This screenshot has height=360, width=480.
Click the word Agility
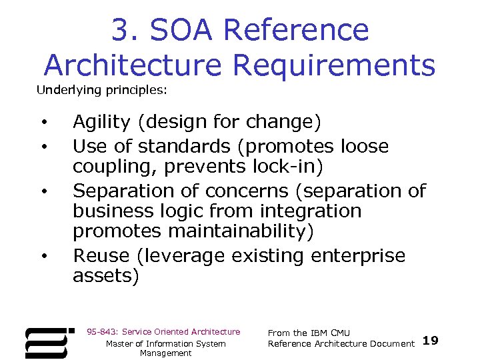coord(101,123)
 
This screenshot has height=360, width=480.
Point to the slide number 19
coord(431,341)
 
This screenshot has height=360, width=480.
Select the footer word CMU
coord(340,333)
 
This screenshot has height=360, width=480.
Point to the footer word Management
coord(165,353)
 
